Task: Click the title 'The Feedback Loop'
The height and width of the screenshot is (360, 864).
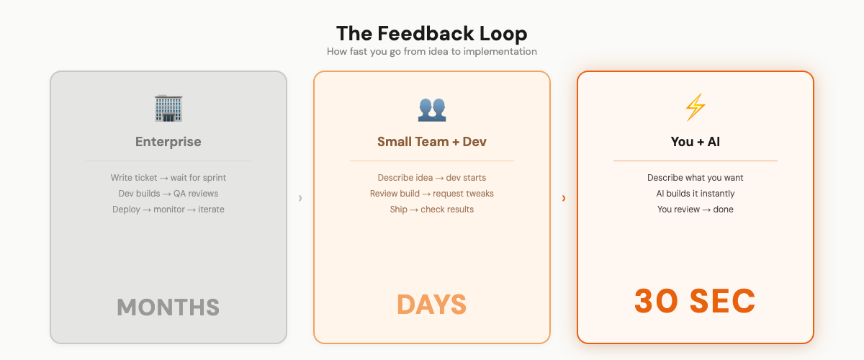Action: coord(431,34)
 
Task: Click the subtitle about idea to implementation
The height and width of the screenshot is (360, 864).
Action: coord(431,52)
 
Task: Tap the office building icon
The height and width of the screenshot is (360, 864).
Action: coord(168,108)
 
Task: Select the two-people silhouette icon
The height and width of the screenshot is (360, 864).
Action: coord(431,109)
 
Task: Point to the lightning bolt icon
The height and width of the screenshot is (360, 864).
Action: coord(695,108)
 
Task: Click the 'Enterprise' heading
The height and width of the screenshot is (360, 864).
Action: coord(168,142)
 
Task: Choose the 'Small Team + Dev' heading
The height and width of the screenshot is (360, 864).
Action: coord(431,142)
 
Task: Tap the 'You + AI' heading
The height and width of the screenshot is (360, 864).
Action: coord(695,142)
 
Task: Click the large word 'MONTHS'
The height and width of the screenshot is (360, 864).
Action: coord(168,307)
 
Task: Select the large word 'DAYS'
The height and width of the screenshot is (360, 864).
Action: coord(431,305)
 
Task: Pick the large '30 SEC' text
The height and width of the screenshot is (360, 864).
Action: coord(695,301)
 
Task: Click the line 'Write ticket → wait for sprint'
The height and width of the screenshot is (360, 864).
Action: coord(168,178)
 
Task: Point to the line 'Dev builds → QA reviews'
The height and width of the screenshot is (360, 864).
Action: coord(168,194)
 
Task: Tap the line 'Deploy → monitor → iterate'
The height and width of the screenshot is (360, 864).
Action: coord(168,210)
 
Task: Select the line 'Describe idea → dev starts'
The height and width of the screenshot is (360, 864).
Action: coord(431,178)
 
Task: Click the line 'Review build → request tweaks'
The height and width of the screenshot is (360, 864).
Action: coord(431,194)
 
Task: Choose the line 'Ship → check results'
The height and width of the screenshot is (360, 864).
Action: coord(431,210)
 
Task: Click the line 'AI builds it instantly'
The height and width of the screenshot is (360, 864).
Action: coord(695,194)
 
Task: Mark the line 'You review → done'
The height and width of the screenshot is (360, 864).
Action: coord(695,210)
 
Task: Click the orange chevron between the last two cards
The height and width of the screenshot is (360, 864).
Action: coord(564,198)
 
